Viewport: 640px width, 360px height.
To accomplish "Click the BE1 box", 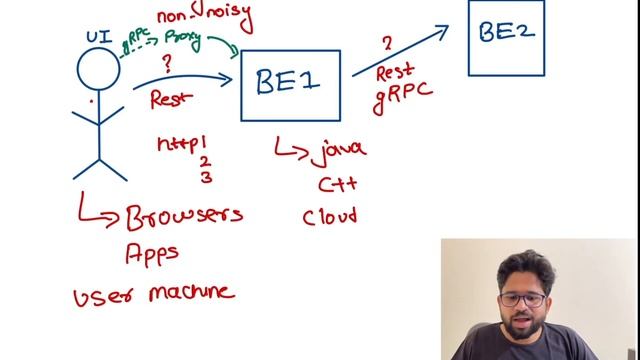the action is pos(290,85).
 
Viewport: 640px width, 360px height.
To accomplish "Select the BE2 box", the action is pos(507,37).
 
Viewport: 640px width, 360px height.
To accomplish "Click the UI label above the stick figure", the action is pos(98,36).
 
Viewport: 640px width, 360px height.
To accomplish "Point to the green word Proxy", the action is pos(183,40).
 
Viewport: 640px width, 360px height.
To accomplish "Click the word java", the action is pos(337,152).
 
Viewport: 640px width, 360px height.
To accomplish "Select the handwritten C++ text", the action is pos(337,184).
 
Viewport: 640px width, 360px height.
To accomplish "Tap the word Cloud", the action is pos(330,215).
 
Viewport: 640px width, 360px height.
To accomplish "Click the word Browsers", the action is pos(184,215).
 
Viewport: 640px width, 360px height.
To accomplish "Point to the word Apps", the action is pos(152,253).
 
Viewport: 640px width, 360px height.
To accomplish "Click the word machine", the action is pos(190,293).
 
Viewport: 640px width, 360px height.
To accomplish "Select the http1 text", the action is pos(181,144).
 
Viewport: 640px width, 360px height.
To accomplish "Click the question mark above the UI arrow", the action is pos(168,61).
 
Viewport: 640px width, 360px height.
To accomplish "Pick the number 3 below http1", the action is pos(205,178).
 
